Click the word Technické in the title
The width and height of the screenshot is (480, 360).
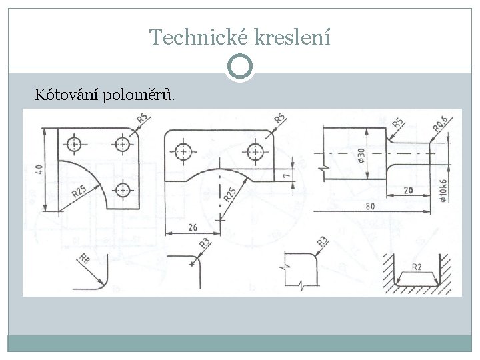tap(189, 37)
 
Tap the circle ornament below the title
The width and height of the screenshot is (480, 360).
tap(240, 67)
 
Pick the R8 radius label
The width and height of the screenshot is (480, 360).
tap(84, 260)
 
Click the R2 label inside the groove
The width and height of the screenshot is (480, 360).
tap(417, 267)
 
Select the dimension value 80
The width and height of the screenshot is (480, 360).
tap(369, 206)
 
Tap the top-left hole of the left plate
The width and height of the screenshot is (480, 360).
tap(73, 143)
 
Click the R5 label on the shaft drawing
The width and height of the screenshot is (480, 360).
tap(397, 123)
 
